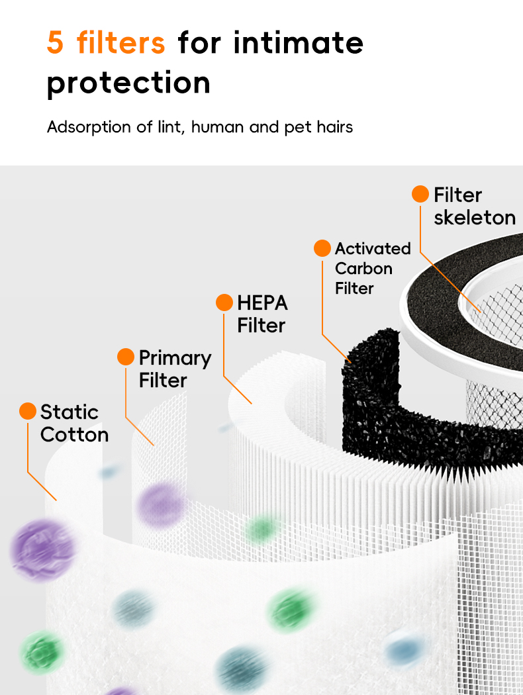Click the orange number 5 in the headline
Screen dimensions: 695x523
click(x=56, y=42)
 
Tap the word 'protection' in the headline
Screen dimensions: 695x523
click(x=128, y=83)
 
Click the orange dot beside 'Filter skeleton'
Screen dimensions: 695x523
click(x=420, y=194)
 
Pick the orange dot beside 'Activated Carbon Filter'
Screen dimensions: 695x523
click(x=322, y=248)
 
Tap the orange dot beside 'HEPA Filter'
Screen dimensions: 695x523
click(x=224, y=302)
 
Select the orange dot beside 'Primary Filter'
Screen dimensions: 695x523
click(x=126, y=357)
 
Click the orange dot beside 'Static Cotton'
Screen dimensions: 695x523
click(x=28, y=411)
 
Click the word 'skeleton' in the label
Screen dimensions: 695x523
click(x=474, y=217)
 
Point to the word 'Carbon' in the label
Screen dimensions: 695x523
click(x=363, y=269)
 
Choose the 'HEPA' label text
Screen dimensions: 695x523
click(x=262, y=303)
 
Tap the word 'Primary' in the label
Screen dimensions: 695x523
click(x=175, y=358)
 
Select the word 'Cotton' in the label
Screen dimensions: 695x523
click(x=74, y=434)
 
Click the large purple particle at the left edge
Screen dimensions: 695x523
click(x=42, y=549)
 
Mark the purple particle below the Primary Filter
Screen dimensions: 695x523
click(x=161, y=504)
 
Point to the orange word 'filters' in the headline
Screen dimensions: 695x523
click(x=120, y=42)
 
